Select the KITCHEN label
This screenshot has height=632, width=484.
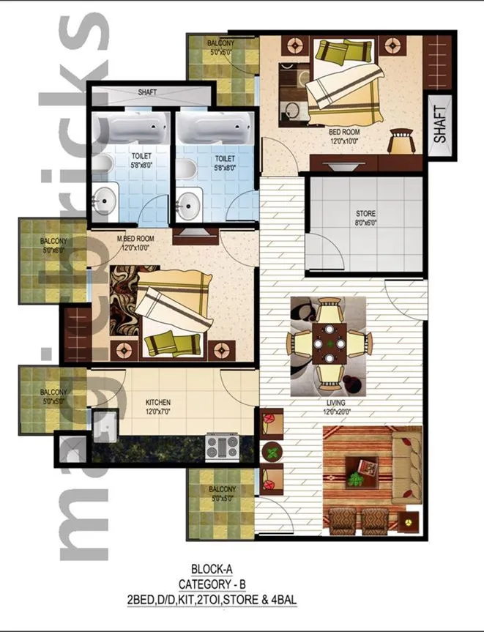[x=158, y=403]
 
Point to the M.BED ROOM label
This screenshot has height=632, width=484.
[x=135, y=239]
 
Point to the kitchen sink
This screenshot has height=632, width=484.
[x=103, y=427]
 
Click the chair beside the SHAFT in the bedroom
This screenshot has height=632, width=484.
[x=401, y=140]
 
